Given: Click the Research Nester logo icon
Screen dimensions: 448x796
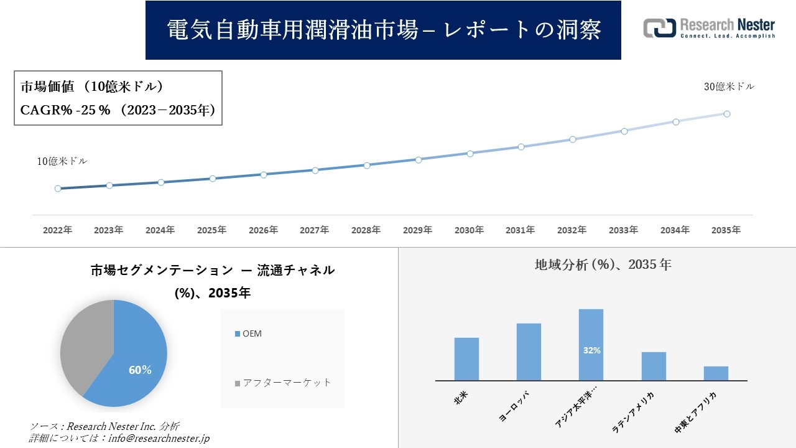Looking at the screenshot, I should coord(659,28).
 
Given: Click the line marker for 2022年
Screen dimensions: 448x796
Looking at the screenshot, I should coord(58,189).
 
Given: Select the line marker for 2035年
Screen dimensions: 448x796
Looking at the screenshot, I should coord(727,114).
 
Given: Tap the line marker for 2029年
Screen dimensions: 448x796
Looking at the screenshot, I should coord(419,160).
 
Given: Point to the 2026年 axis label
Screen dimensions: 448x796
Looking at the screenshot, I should coord(263,230).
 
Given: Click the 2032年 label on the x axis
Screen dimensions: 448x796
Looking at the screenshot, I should coord(572,230).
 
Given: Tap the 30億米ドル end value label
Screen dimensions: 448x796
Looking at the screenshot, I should coord(729,87).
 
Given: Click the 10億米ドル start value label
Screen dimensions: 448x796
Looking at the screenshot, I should coord(62,161).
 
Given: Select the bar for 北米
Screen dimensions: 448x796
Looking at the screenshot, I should coord(466,359).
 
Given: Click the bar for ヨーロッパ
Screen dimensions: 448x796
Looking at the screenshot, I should coord(529,352).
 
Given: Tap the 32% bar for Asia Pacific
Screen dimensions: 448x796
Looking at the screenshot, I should coord(591,345).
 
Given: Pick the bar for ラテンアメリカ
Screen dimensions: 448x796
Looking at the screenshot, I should coord(654,366).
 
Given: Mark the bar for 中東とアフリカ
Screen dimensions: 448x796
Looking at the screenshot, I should coord(716,373).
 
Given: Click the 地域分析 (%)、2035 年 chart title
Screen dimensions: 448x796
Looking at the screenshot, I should coord(603,264).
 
